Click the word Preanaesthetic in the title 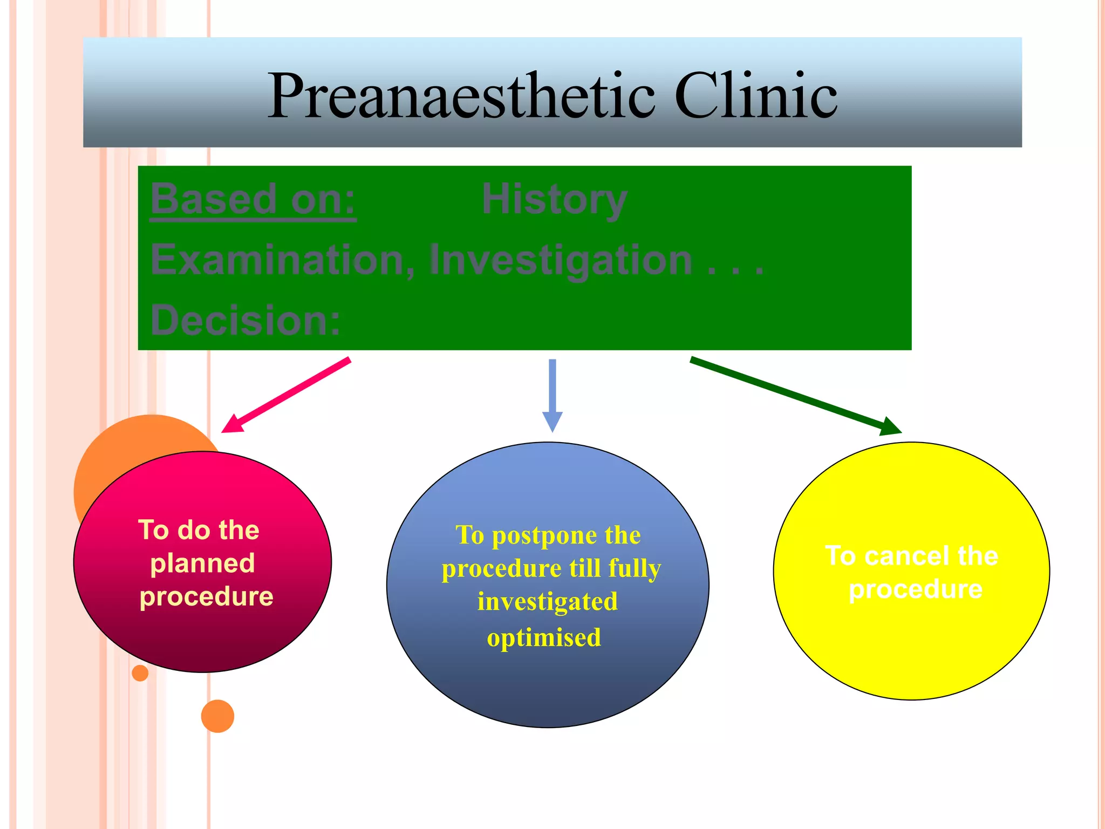click(461, 96)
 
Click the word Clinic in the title click(755, 96)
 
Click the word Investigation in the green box click(560, 260)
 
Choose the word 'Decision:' click(245, 320)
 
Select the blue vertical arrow click(552, 394)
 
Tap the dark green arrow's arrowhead click(890, 426)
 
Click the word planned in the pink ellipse click(202, 563)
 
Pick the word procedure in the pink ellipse click(206, 597)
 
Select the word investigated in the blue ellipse click(547, 602)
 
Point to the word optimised click(544, 637)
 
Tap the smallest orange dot click(140, 673)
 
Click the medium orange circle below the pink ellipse click(217, 716)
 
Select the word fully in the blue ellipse click(635, 569)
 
